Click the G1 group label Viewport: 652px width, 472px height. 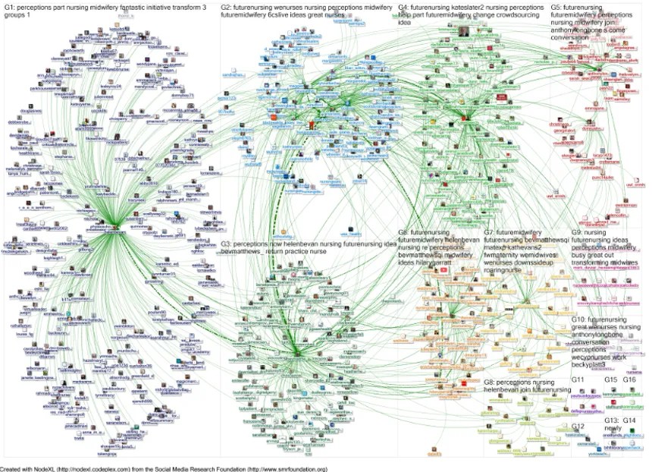10,7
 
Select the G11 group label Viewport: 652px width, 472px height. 578,379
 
